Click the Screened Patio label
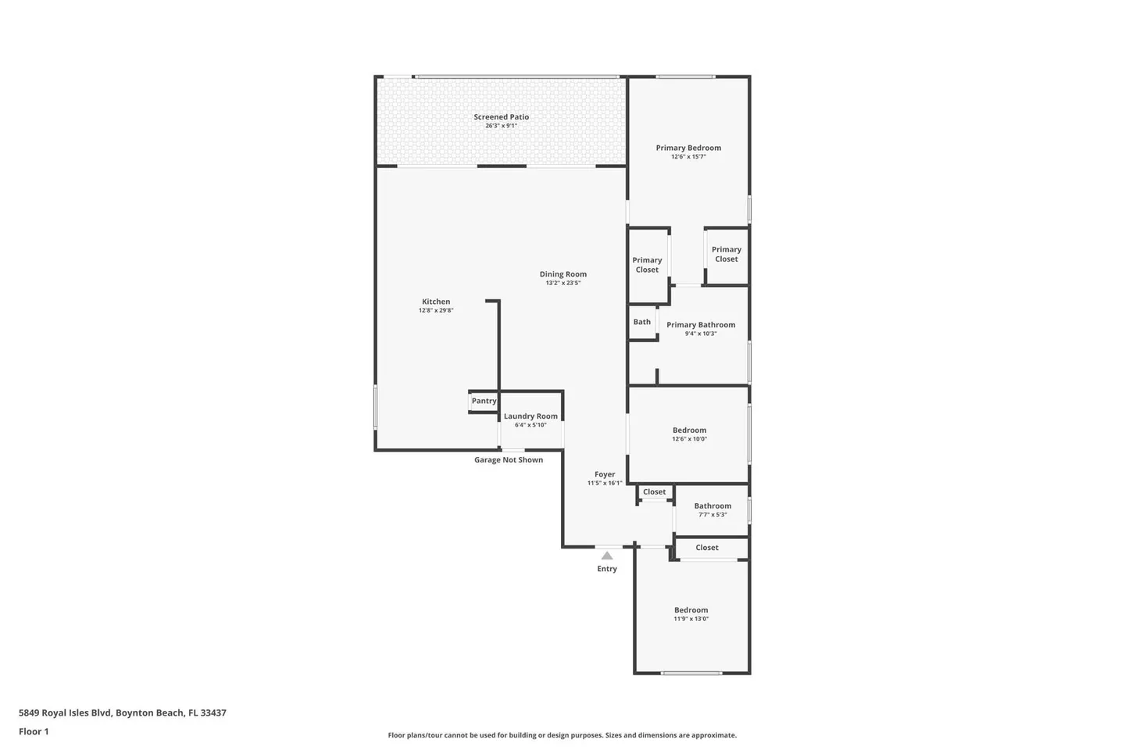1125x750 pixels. point(502,117)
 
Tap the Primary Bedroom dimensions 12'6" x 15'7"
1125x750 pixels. point(688,157)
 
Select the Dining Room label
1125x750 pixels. point(563,274)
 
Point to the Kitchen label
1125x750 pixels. point(436,302)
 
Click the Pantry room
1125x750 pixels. point(484,402)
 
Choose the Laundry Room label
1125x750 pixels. point(531,416)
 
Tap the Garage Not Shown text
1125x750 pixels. point(509,459)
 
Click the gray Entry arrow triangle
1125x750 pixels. point(607,555)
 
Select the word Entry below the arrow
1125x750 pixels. point(607,569)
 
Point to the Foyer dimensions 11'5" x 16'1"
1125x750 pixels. point(605,484)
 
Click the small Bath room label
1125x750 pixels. point(642,322)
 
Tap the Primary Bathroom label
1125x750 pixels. point(701,325)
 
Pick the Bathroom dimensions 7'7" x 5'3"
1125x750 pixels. point(712,515)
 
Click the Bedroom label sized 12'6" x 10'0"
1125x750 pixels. point(690,430)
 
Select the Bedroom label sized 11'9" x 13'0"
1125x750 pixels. point(691,610)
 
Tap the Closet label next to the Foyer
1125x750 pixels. point(655,491)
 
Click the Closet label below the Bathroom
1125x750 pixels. point(707,548)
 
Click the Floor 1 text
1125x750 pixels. point(34,731)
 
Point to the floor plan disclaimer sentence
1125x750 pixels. point(562,735)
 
